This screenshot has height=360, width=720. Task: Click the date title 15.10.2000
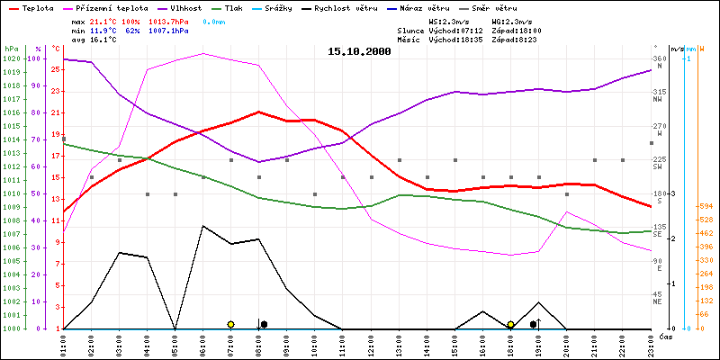coord(359,51)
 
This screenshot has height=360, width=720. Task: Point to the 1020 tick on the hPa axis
coord(11,58)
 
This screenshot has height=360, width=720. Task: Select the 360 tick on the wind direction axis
coord(658,58)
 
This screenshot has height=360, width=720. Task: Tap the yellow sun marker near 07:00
coord(231,324)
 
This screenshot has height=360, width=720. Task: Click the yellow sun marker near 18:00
coord(510,324)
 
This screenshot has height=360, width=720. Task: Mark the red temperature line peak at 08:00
coord(259,112)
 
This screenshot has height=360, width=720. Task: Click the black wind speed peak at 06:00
coord(203,226)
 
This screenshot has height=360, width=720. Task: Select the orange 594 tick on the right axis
coord(706,206)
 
